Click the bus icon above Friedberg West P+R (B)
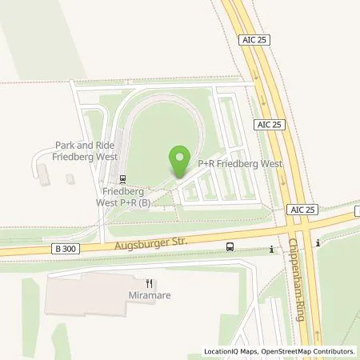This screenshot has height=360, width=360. (122, 179)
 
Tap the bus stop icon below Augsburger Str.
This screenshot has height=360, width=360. (230, 247)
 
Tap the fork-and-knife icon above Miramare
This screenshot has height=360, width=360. (149, 282)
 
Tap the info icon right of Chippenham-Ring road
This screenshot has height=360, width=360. (318, 243)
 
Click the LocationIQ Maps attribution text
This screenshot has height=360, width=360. (231, 351)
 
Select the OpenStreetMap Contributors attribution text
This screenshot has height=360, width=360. (308, 351)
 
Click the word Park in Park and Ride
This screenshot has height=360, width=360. (64, 145)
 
